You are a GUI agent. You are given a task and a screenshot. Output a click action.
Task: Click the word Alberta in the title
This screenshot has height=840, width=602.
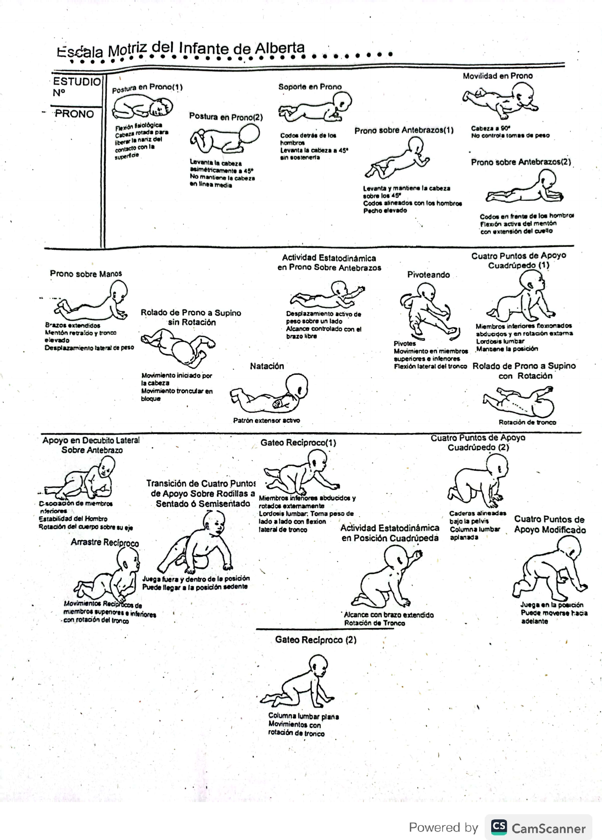pyautogui.click(x=279, y=49)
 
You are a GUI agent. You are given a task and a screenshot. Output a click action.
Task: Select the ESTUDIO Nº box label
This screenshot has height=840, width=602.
pyautogui.click(x=76, y=86)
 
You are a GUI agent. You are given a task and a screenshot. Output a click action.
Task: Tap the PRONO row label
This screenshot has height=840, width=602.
pyautogui.click(x=74, y=114)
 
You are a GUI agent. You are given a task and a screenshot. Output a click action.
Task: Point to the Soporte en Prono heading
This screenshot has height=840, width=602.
pyautogui.click(x=310, y=87)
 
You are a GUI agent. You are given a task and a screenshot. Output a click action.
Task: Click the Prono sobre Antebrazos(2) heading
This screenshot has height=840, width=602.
pyautogui.click(x=521, y=162)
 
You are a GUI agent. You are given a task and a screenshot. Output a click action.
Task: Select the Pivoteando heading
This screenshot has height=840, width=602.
pyautogui.click(x=428, y=275)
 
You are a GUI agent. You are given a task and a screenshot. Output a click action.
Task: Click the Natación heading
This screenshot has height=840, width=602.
pyautogui.click(x=267, y=366)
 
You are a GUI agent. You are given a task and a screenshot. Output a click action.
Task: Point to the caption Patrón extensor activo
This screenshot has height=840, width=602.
pyautogui.click(x=266, y=420)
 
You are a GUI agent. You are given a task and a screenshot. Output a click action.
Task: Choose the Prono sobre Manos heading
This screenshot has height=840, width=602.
pyautogui.click(x=86, y=274)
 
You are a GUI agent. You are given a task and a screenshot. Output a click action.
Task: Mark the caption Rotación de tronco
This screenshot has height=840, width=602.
pyautogui.click(x=527, y=422)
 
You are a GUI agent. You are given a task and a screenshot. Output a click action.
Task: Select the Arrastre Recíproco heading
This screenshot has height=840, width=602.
pyautogui.click(x=105, y=543)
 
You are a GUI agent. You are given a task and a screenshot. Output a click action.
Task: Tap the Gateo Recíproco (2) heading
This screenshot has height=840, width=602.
pyautogui.click(x=316, y=640)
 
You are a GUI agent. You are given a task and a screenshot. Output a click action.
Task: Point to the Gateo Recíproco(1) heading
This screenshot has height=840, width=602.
pyautogui.click(x=298, y=443)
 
